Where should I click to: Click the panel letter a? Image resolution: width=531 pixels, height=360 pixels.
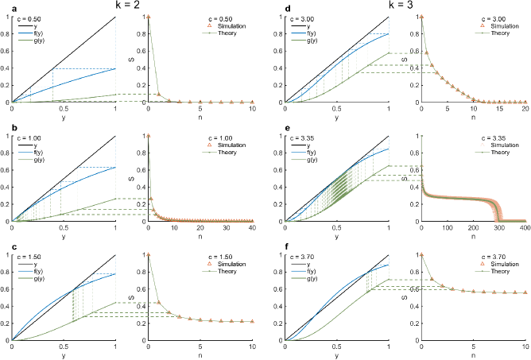pos(3,7)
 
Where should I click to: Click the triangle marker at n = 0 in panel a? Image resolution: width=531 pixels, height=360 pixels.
pos(149,17)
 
